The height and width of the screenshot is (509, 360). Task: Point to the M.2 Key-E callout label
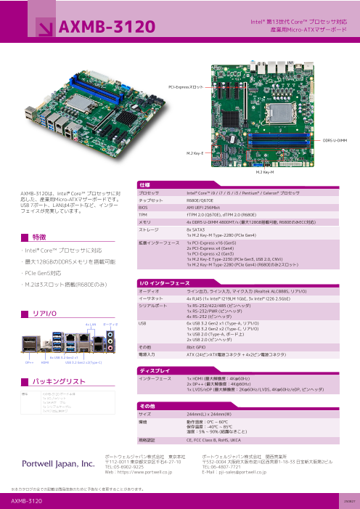(195, 154)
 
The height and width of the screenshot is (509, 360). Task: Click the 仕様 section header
(144, 185)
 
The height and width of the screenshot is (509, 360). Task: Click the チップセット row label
(151, 200)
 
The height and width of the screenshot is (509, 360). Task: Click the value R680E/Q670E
(201, 200)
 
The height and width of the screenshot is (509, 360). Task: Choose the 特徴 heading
(40, 237)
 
